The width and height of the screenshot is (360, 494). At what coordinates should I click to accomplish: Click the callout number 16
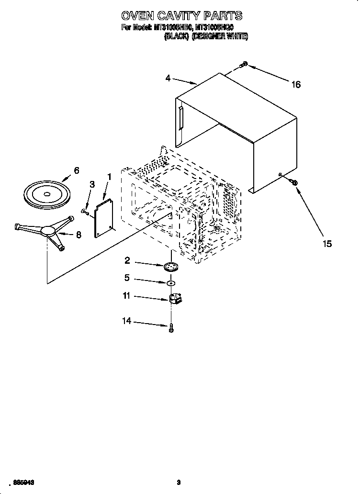pyautogui.click(x=296, y=85)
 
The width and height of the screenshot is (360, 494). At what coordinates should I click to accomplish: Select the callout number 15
pyautogui.click(x=327, y=244)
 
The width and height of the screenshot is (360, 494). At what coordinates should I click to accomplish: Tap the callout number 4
pyautogui.click(x=168, y=78)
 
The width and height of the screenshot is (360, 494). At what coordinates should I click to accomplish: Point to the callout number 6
pyautogui.click(x=76, y=170)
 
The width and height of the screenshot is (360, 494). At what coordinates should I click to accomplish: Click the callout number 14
pyautogui.click(x=127, y=322)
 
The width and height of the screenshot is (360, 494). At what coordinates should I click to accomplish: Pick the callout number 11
pyautogui.click(x=126, y=297)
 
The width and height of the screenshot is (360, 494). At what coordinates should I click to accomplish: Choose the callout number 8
pyautogui.click(x=79, y=235)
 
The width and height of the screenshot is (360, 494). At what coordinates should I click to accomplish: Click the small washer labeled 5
pyautogui.click(x=170, y=284)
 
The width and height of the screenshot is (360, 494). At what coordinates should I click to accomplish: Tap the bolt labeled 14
pyautogui.click(x=171, y=328)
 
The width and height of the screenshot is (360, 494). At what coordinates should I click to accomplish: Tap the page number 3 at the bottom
pyautogui.click(x=178, y=483)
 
